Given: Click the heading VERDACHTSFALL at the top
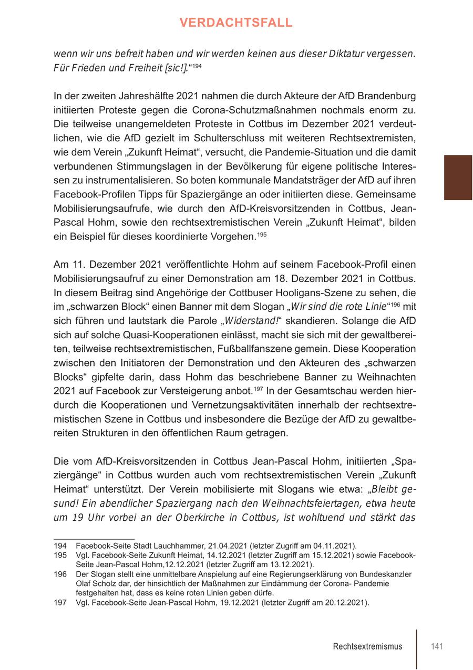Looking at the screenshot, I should pyautogui.click(x=236, y=23).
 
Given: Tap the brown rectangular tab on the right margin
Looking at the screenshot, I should pyautogui.click(x=458, y=177).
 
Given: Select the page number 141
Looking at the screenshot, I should pyautogui.click(x=437, y=646).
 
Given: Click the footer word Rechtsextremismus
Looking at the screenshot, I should pyautogui.click(x=367, y=646).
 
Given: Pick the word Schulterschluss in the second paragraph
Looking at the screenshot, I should pyautogui.click(x=222, y=138).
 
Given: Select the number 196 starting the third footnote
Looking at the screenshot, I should pyautogui.click(x=60, y=574).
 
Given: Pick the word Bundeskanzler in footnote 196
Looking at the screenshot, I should pyautogui.click(x=386, y=574).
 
